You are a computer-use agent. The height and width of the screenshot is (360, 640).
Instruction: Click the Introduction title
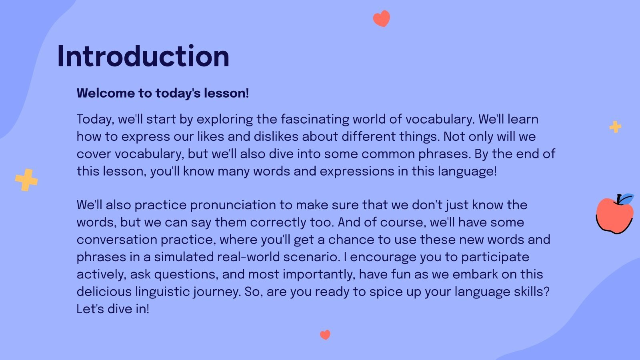pyautogui.click(x=143, y=56)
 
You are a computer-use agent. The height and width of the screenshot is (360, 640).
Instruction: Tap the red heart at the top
pyautogui.click(x=381, y=18)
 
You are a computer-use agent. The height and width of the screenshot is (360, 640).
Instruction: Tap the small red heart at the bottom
pyautogui.click(x=325, y=334)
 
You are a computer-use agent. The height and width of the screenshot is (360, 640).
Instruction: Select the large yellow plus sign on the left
pyautogui.click(x=26, y=180)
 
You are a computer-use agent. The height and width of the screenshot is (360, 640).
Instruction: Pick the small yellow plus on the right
pyautogui.click(x=615, y=127)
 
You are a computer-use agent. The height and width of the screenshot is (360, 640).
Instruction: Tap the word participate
pyautogui.click(x=495, y=257)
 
